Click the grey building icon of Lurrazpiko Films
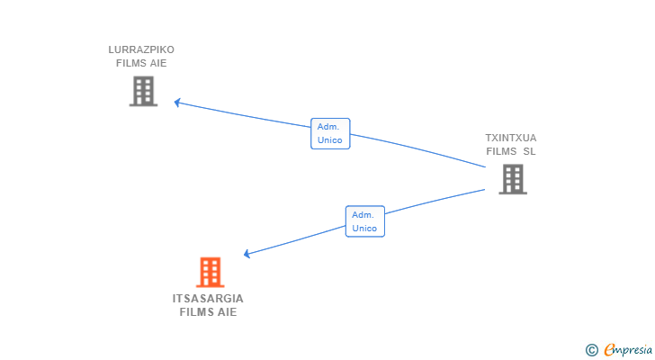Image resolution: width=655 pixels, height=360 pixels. (x=143, y=91)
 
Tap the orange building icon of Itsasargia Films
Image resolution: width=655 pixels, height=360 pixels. (x=210, y=272)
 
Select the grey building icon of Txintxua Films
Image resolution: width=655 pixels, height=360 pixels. (x=512, y=179)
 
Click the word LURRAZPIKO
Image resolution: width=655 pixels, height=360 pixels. (x=141, y=49)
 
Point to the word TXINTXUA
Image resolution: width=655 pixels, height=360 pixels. (x=510, y=138)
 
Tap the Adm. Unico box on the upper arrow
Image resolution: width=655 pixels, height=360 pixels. (x=330, y=133)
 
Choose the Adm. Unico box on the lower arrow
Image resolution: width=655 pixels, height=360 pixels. (x=364, y=221)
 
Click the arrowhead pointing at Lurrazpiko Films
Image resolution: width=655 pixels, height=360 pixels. (x=178, y=103)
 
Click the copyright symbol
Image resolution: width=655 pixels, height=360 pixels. (x=591, y=350)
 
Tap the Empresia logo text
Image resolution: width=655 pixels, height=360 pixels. (x=624, y=350)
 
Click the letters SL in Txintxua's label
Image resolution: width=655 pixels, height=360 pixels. (x=529, y=151)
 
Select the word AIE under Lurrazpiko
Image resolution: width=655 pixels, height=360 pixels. (x=158, y=63)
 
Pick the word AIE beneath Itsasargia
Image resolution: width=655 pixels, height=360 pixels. (x=227, y=312)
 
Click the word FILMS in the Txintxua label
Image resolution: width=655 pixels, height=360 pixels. (x=501, y=151)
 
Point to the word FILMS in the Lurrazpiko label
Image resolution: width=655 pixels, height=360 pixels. (x=131, y=63)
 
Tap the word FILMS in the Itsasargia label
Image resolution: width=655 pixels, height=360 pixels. (x=196, y=312)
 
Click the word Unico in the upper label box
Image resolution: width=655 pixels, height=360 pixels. (x=330, y=140)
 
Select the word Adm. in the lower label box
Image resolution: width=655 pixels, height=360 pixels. (x=364, y=215)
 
